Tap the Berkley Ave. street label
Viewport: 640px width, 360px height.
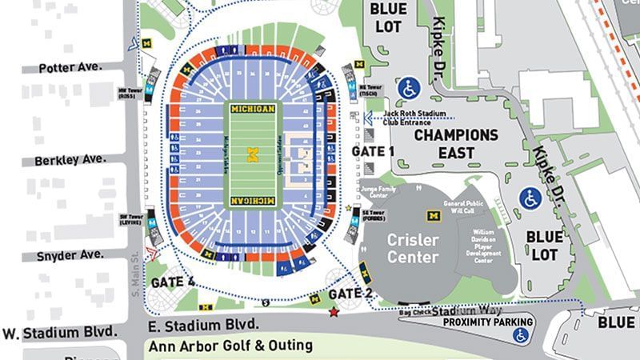(x=70, y=160)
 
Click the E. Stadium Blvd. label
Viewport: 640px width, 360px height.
(x=203, y=324)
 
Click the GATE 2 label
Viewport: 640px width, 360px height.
(x=351, y=293)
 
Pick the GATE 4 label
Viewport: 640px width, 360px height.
(x=172, y=282)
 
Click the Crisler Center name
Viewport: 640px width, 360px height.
(x=413, y=248)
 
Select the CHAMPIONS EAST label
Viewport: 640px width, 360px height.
(x=455, y=143)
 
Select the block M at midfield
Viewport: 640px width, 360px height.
(x=253, y=154)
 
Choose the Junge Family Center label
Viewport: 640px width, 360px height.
(x=374, y=193)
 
